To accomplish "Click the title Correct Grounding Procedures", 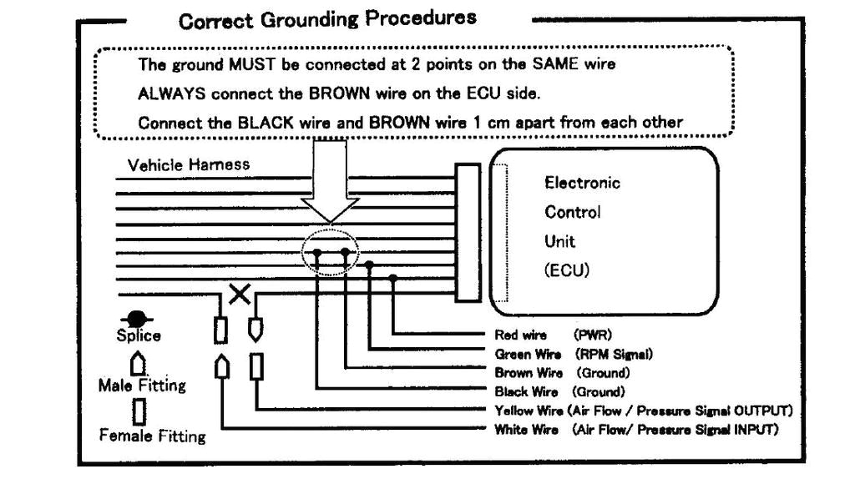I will point(327,18).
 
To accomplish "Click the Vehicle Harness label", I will point(188,164).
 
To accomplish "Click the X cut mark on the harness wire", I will point(239,295).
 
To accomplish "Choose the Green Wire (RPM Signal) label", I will point(573,354).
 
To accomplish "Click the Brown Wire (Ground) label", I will point(561,372).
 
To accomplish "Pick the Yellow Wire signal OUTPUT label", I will point(643,410).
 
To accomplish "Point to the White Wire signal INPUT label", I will point(636,429).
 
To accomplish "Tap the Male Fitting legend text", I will point(142,386).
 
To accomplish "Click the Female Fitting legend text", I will point(152,436).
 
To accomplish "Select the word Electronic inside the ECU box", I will point(582,183).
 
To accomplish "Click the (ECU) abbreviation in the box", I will point(567,271).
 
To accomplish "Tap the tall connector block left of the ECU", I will point(468,233).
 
